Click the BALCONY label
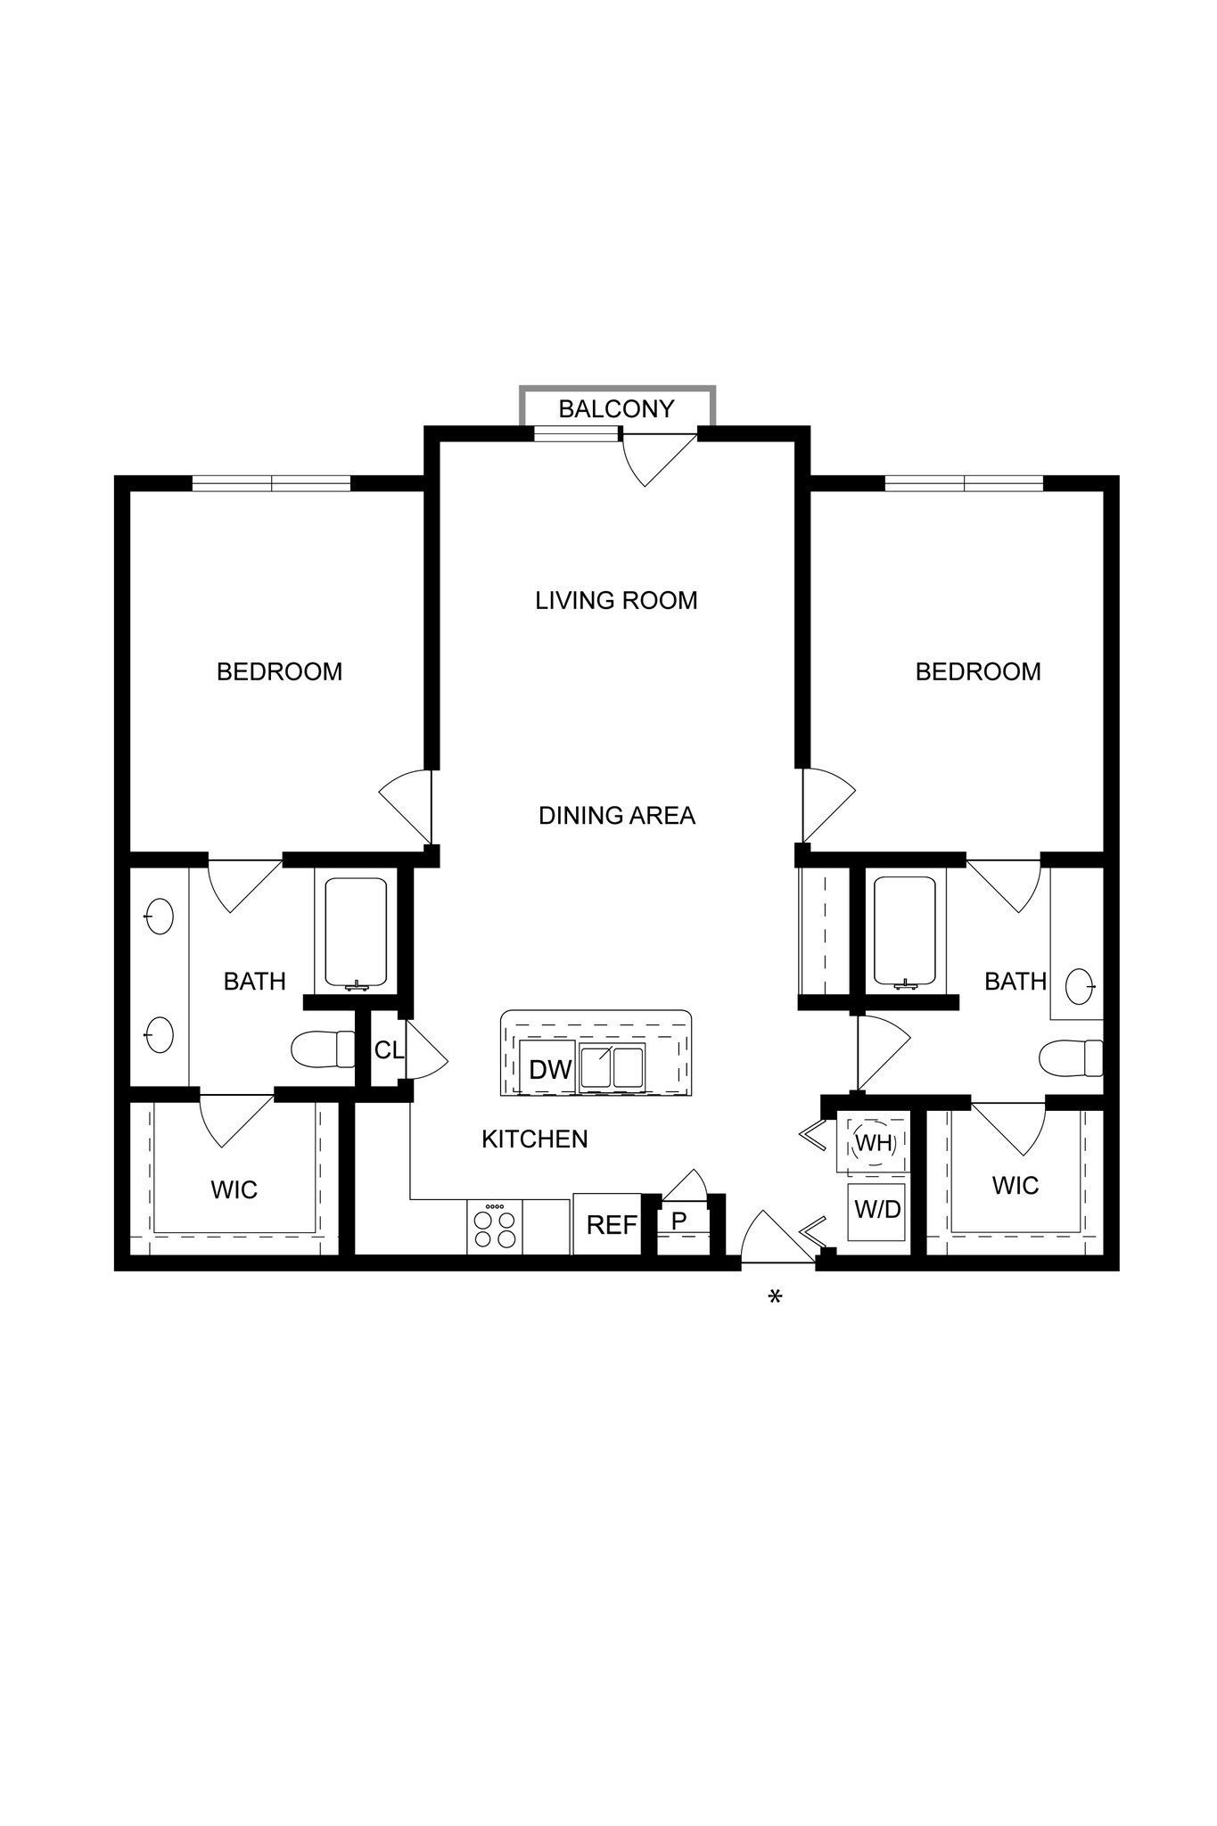coord(616,409)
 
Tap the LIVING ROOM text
coord(616,601)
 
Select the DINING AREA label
coord(617,816)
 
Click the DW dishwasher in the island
coord(549,1070)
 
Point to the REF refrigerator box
coord(611,1225)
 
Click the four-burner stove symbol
coord(495,1228)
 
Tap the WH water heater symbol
coord(874,1143)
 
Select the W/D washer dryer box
coord(877,1211)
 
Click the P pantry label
coord(679,1221)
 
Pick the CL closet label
coord(389,1051)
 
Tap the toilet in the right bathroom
coord(1071,1058)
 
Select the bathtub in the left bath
coord(356,934)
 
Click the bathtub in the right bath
coord(905,934)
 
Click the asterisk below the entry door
coord(775,1297)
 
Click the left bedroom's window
coord(271,483)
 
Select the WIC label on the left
coord(234,1190)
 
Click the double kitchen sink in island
coord(612,1068)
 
